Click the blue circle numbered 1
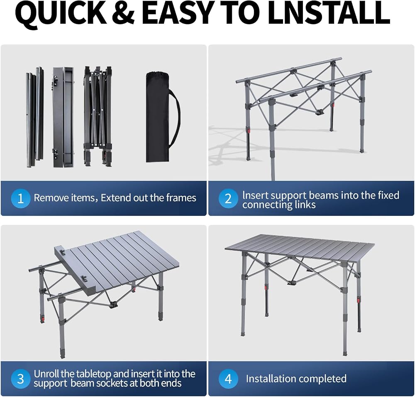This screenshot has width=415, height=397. (x=21, y=198)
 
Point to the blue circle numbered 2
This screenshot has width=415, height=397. (x=228, y=198)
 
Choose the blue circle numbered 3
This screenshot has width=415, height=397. (x=21, y=379)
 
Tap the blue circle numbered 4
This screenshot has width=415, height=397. (x=228, y=379)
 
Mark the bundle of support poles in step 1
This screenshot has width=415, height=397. (x=35, y=117)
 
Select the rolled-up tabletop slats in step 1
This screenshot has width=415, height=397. (x=63, y=117)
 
